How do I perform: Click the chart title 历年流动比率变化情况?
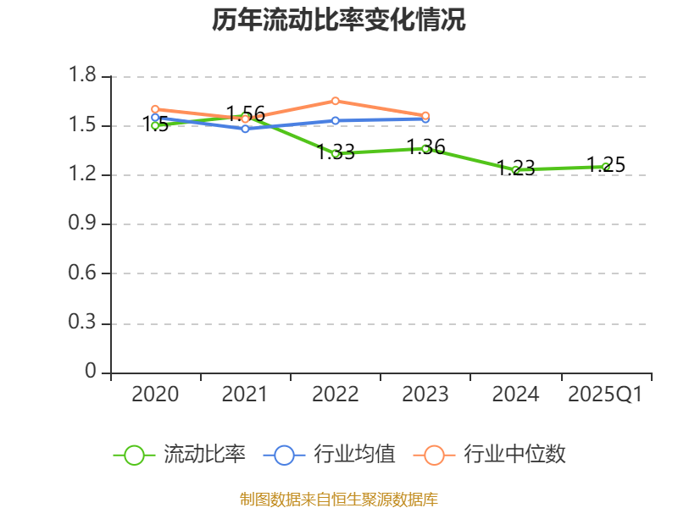(339, 20)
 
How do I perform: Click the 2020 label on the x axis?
(156, 395)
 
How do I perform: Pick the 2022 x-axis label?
(336, 395)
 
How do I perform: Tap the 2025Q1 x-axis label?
(605, 395)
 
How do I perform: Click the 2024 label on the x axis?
(515, 395)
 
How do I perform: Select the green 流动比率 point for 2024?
(515, 170)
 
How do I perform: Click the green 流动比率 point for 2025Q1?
(605, 167)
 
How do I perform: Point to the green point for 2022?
(336, 153)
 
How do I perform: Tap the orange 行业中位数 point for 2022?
(336, 101)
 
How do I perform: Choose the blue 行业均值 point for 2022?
(336, 120)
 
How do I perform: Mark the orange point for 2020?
(155, 108)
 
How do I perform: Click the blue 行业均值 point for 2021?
(245, 129)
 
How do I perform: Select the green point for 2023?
(425, 148)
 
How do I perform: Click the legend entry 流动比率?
(181, 455)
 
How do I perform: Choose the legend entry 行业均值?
(332, 455)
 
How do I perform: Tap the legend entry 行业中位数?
(492, 455)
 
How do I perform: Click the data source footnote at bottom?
(339, 499)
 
